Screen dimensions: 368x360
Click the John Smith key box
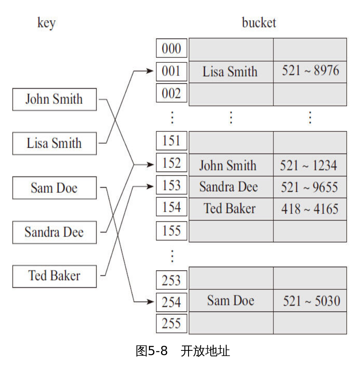coord(54,99)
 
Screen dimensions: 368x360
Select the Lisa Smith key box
coord(54,143)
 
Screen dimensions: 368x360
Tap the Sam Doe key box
coord(54,188)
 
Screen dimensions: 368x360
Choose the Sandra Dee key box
coord(54,232)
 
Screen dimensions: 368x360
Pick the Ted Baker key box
coord(54,276)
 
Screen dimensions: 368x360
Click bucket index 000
coord(171,49)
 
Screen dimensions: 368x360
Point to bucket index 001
coord(171,71)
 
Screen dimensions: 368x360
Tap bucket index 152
coord(171,163)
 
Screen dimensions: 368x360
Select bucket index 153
coord(171,185)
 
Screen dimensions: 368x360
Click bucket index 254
coord(171,301)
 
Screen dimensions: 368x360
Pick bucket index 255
coord(171,323)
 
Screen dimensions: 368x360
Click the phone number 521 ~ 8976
coord(310,71)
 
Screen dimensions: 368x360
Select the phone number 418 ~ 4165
coord(310,209)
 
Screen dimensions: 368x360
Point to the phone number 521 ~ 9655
coord(309,187)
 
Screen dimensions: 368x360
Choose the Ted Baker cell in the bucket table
coord(230,208)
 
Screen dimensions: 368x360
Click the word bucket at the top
coord(259,23)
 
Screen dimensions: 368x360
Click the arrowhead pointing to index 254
coord(151,301)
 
